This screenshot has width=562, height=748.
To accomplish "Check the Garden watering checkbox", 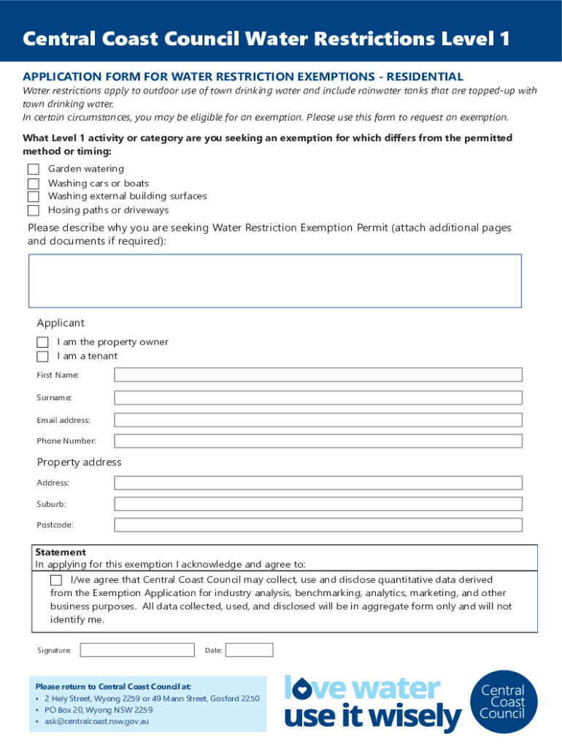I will [x=33, y=169].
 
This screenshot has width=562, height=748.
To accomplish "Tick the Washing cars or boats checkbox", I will [x=33, y=183].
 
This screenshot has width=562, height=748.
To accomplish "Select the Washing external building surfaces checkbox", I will [x=33, y=196].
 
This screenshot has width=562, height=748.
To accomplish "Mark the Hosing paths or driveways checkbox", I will [x=33, y=210].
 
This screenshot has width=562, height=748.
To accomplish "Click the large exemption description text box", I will [x=275, y=280].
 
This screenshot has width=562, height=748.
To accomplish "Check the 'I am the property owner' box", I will [x=42, y=343].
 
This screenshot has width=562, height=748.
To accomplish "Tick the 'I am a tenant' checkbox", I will [x=42, y=356].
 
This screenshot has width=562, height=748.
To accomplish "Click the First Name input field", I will [x=318, y=375].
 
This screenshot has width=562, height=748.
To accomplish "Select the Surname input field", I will [x=318, y=398].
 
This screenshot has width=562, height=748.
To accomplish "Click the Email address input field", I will [x=318, y=420].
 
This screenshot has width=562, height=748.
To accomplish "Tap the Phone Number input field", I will [x=318, y=441].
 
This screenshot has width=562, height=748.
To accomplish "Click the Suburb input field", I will [x=318, y=504].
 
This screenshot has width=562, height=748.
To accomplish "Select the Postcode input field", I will [x=318, y=525].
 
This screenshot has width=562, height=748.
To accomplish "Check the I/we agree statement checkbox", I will [x=56, y=580].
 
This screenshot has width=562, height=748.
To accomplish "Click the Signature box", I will [x=137, y=650].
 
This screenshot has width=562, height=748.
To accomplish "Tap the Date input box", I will [x=249, y=650].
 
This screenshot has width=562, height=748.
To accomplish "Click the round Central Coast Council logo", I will [x=503, y=702].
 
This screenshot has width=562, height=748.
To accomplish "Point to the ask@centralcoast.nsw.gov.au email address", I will [x=96, y=722].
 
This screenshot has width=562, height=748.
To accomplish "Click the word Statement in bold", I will [x=61, y=552].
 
